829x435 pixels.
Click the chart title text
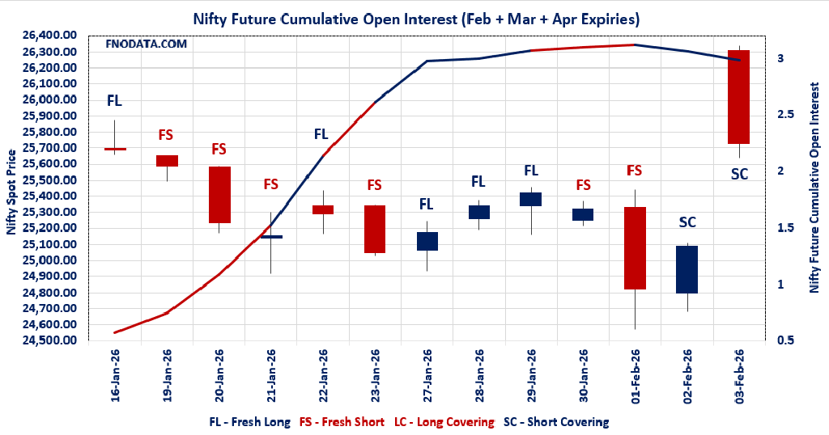[414, 17]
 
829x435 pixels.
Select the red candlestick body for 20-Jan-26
[219, 194]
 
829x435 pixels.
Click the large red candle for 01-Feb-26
[635, 247]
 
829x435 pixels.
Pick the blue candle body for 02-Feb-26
[687, 269]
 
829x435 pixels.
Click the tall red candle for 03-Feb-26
[738, 97]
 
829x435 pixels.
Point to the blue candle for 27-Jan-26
[427, 241]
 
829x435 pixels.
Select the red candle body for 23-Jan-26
[374, 229]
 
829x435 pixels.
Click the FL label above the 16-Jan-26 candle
[115, 101]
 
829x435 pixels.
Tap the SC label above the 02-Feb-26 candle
[687, 222]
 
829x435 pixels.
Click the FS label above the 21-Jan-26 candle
[270, 184]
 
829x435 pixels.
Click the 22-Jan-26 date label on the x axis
[322, 376]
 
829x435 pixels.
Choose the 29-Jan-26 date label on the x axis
[531, 376]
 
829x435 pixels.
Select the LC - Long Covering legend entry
[444, 422]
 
